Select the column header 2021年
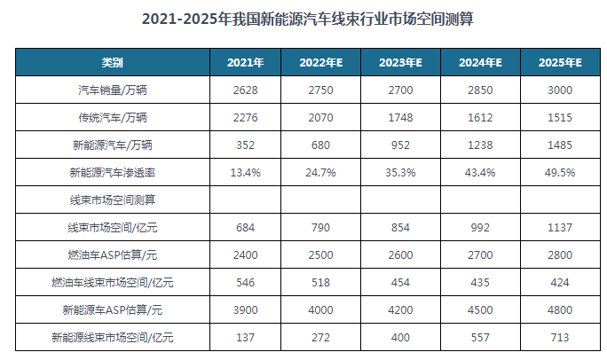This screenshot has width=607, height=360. [x=244, y=63]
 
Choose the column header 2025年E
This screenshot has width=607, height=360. [x=560, y=63]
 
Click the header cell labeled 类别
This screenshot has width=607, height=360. [x=112, y=63]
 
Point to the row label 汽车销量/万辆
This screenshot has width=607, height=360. [x=112, y=90]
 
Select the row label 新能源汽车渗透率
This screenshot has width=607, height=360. [x=112, y=172]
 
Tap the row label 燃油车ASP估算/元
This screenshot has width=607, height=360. [x=112, y=254]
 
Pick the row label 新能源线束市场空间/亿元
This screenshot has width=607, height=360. [x=112, y=337]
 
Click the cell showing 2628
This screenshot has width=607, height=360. [x=244, y=90]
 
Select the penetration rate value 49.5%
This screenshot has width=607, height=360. [x=560, y=172]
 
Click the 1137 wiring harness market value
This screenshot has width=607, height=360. [x=560, y=227]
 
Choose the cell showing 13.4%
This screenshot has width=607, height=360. [x=244, y=172]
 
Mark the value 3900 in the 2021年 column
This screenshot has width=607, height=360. [x=244, y=309]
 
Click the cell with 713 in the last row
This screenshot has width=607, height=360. [x=560, y=337]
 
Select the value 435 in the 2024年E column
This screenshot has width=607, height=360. [x=480, y=282]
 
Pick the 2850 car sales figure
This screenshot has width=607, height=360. [x=480, y=90]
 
